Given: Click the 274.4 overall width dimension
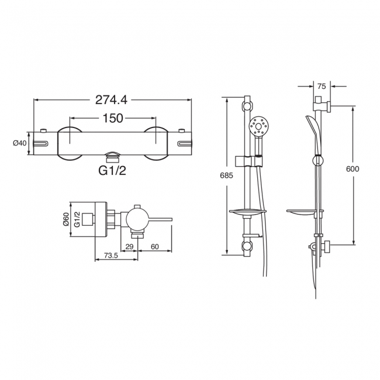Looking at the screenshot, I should click(112, 100).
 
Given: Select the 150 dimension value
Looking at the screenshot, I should click(112, 118).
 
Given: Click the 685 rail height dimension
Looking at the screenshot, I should click(217, 175).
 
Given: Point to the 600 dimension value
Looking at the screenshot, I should click(353, 169).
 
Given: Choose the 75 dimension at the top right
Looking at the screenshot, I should click(322, 85).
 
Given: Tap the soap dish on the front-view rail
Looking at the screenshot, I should click(248, 213).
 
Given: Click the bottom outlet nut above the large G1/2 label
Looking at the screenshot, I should click(112, 157).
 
